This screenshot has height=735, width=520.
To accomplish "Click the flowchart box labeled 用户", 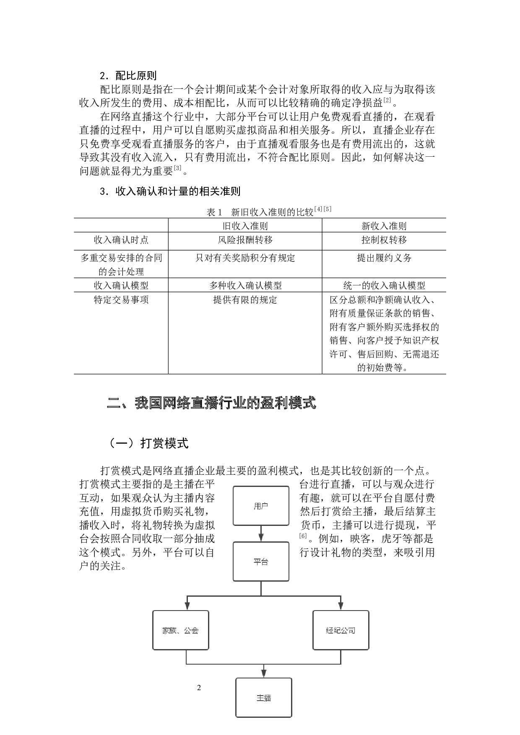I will point(261,506).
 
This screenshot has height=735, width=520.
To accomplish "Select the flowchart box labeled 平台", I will point(261,562).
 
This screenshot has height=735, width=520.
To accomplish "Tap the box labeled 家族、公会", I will point(180,630).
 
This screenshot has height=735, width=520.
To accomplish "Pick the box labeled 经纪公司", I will point(341,630).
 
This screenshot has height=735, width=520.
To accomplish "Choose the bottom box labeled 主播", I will point(263,698).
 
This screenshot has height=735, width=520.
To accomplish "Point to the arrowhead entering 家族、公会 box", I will point(187,606).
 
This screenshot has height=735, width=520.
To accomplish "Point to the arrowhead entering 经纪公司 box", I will point(341,606).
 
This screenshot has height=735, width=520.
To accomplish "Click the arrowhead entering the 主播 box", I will point(263,673).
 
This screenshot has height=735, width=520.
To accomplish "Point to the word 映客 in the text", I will point(360,538).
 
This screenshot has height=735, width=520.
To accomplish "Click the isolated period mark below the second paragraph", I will point(187,171).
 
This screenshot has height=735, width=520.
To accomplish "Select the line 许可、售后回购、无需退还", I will point(384,354).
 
